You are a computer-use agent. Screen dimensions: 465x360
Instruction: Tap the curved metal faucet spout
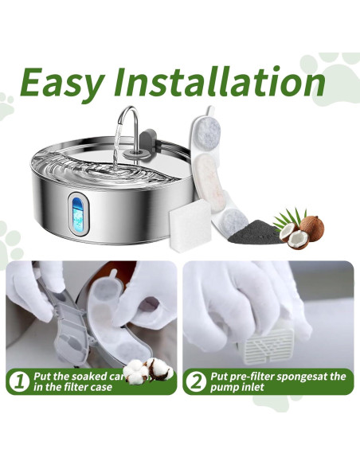click(x=127, y=123)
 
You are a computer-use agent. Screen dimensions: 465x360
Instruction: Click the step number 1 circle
click(x=18, y=381)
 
